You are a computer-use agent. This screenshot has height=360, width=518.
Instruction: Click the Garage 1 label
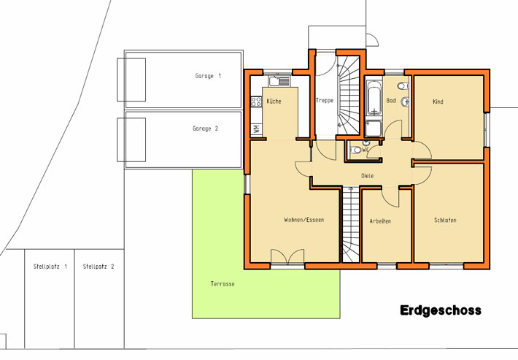click(208, 76)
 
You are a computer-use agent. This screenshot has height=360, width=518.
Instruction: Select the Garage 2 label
click(205, 129)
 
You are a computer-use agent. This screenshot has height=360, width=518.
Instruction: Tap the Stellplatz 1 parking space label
click(50, 267)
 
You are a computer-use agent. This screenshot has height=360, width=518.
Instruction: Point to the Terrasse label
click(223, 283)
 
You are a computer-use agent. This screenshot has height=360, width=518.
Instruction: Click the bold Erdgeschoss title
click(441, 310)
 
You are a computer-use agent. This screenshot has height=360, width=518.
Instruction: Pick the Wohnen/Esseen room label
click(304, 220)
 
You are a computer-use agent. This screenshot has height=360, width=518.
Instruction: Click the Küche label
click(274, 102)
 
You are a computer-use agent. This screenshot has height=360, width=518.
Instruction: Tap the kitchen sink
click(279, 81)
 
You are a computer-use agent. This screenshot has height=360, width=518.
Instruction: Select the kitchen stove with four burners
click(256, 102)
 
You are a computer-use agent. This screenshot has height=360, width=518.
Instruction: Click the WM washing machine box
click(256, 129)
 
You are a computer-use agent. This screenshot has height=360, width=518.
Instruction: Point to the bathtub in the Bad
click(374, 98)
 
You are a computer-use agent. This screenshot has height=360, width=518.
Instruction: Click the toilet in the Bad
click(403, 86)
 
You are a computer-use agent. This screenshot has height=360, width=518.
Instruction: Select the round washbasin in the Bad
click(405, 102)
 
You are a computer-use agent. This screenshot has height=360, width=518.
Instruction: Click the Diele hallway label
click(368, 176)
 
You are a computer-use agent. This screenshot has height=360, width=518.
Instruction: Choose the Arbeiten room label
click(380, 221)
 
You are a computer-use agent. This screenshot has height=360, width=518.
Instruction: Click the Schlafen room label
click(445, 220)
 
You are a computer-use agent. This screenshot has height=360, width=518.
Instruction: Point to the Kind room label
click(438, 102)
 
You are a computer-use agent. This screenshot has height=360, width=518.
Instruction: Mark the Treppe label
click(325, 100)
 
